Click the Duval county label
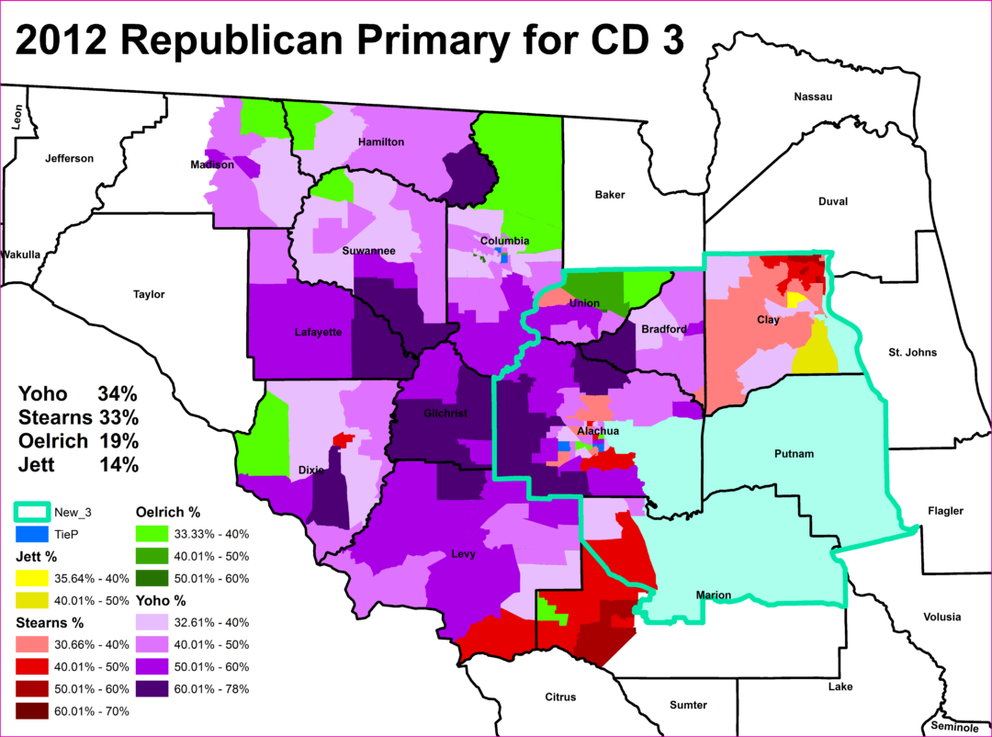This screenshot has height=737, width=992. click(x=832, y=201)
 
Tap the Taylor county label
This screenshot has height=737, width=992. click(x=149, y=294)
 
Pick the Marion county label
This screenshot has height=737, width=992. click(x=714, y=595)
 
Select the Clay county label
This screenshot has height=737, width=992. click(x=768, y=319)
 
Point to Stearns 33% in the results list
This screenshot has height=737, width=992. click(x=78, y=417)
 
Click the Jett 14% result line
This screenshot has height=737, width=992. click(x=78, y=465)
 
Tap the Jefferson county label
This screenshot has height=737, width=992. click(x=69, y=158)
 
